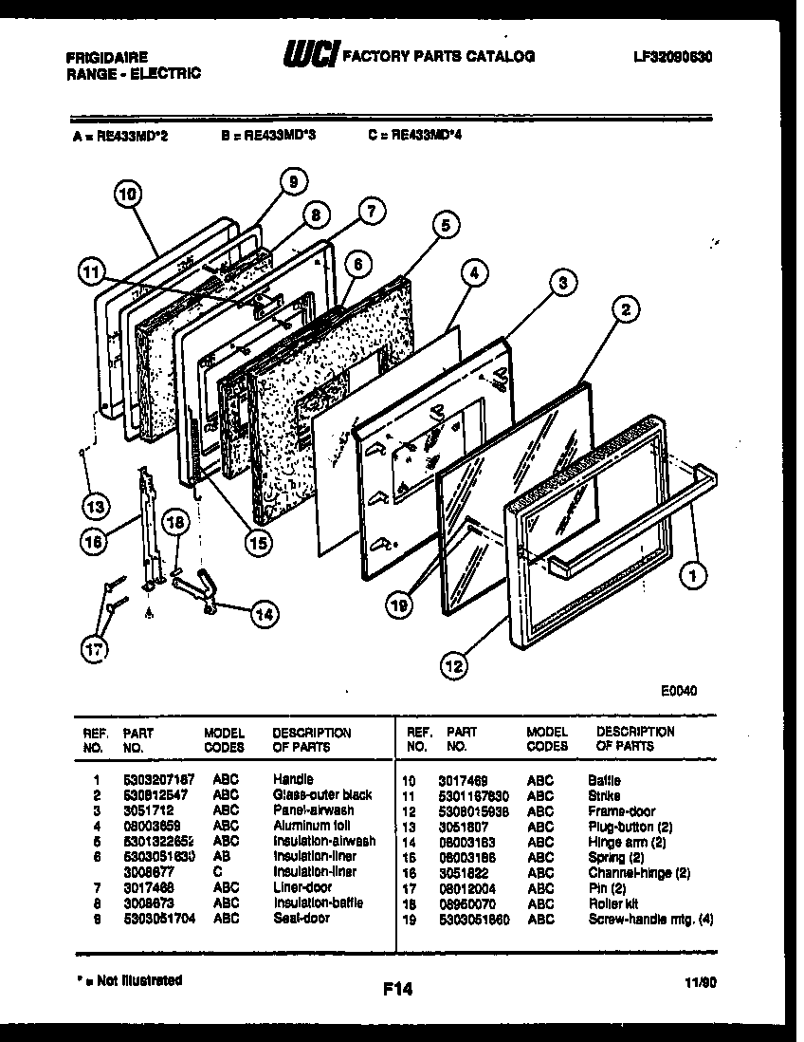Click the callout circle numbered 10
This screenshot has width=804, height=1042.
(129, 195)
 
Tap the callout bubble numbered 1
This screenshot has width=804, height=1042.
(699, 573)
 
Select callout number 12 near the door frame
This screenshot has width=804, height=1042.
(456, 667)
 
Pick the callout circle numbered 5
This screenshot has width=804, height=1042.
(445, 225)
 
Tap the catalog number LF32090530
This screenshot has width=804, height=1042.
(672, 57)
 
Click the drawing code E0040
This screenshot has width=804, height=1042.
(679, 691)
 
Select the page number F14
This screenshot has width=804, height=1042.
(398, 990)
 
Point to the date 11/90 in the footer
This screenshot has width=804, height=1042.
(704, 986)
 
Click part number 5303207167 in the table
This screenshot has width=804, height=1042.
(159, 779)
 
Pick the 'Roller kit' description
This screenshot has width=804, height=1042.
(614, 903)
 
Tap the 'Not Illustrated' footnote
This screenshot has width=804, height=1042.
(127, 979)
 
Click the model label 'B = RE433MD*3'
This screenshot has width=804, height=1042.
(268, 136)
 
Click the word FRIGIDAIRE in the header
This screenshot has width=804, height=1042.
(107, 57)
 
